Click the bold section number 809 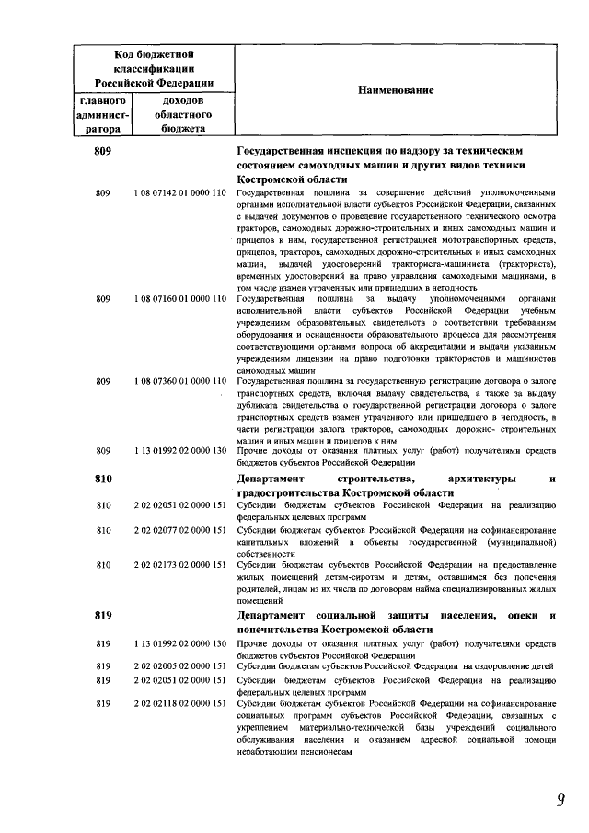pyautogui.click(x=103, y=150)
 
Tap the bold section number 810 pyautogui.click(x=103, y=480)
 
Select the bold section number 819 pyautogui.click(x=103, y=615)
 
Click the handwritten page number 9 pyautogui.click(x=559, y=800)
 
